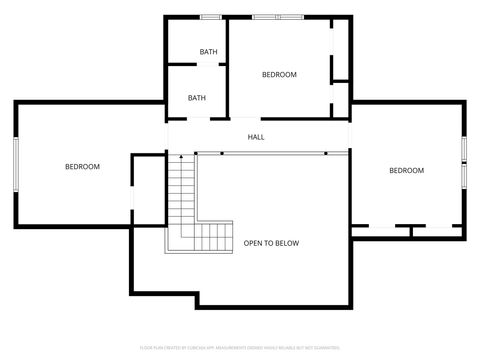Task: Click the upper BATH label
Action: pos(208,52)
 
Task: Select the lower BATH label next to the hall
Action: pos(197,98)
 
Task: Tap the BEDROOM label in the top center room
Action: pos(279,75)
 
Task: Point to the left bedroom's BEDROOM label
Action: pos(82,167)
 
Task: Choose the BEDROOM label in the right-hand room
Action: pos(406,171)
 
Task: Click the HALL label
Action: pos(256,137)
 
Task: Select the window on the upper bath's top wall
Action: pos(210,17)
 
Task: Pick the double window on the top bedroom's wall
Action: pos(279,17)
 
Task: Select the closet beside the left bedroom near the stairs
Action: pos(148,190)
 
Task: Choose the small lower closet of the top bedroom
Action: pos(340,99)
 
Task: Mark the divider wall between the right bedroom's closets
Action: pos(411,231)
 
